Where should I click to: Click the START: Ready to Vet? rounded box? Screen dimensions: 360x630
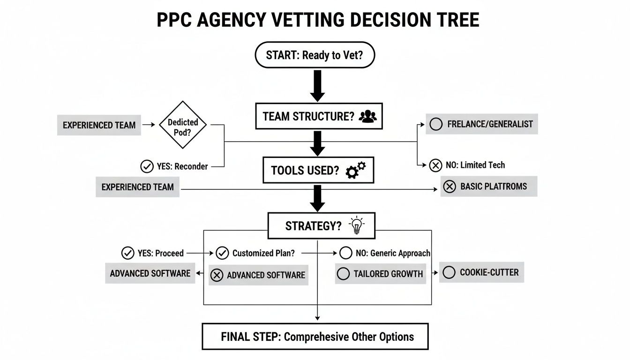[x=314, y=55]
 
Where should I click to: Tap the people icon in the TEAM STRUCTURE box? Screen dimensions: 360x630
[x=367, y=117]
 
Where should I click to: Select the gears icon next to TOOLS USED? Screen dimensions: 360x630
[x=356, y=170]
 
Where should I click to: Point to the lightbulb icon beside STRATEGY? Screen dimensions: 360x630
[x=356, y=225]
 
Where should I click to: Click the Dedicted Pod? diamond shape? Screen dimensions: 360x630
[x=183, y=125]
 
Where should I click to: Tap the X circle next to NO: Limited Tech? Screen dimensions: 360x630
[x=435, y=165]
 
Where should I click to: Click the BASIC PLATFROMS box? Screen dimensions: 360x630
[x=488, y=186]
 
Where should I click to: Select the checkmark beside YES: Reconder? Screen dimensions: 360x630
[x=147, y=166]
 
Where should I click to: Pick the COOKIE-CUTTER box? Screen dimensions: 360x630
[x=481, y=272]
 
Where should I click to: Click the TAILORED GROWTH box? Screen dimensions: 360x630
[x=380, y=274]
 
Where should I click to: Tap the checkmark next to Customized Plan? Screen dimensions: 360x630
[x=222, y=253]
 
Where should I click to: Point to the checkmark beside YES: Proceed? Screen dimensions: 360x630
[x=127, y=253]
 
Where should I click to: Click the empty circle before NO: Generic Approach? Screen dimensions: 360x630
[x=345, y=253]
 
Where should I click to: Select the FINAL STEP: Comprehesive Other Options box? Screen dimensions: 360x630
[x=315, y=336]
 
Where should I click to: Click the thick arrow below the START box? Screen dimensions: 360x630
[x=317, y=86]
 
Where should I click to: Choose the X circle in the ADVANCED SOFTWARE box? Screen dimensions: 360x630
[x=217, y=275]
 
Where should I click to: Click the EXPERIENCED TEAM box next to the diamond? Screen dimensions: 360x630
[x=99, y=125]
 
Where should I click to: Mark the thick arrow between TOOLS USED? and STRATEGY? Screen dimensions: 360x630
[x=317, y=197]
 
